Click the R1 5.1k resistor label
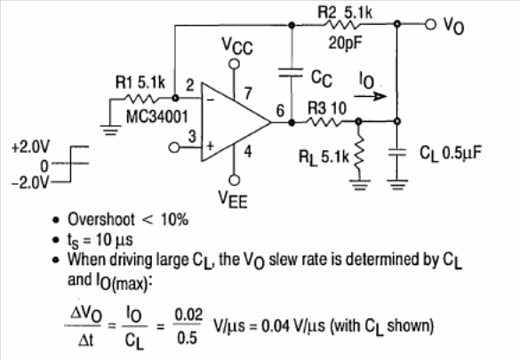[140, 83]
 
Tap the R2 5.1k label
[345, 12]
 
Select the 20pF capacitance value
[345, 43]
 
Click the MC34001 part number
[156, 116]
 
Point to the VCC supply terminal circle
[235, 64]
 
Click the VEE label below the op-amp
[233, 199]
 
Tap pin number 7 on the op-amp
[248, 93]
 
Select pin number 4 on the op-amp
[248, 151]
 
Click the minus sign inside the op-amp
[211, 99]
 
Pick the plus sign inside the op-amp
[211, 146]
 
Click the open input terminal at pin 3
[173, 148]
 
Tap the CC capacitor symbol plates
[291, 73]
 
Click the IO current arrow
[370, 96]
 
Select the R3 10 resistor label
[327, 108]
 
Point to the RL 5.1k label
[324, 156]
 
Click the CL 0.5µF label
[451, 153]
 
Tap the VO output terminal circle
[430, 24]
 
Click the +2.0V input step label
[30, 147]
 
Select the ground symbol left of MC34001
[110, 130]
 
